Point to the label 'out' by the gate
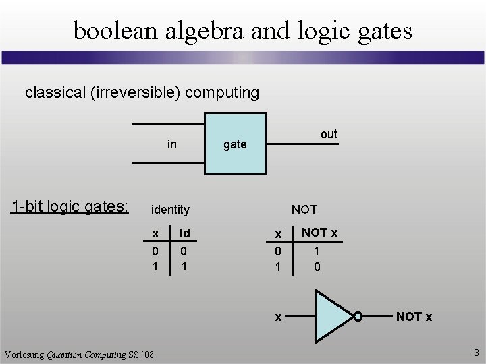(x=329, y=134)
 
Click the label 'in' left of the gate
(x=172, y=144)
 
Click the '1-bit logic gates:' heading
(x=70, y=206)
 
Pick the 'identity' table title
(x=170, y=210)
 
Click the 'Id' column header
(x=184, y=233)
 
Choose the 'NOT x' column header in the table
(x=319, y=233)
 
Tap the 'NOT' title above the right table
(x=304, y=210)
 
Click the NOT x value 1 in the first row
(x=317, y=251)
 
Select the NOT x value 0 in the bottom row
(x=317, y=266)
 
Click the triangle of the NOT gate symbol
(x=331, y=316)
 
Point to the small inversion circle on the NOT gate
(x=358, y=316)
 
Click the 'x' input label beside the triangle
(x=277, y=316)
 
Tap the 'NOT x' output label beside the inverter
(x=414, y=316)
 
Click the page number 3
(x=476, y=353)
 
